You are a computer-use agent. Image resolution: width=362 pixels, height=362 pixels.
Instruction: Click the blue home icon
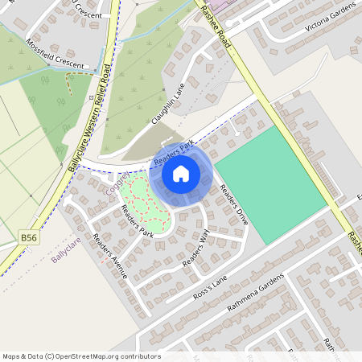(x=181, y=173)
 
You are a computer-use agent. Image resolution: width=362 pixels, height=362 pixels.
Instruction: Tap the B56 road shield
(x=29, y=237)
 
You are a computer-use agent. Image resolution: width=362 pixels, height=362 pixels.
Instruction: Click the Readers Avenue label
(x=109, y=257)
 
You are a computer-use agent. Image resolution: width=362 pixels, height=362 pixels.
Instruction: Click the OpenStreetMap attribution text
(x=80, y=356)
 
